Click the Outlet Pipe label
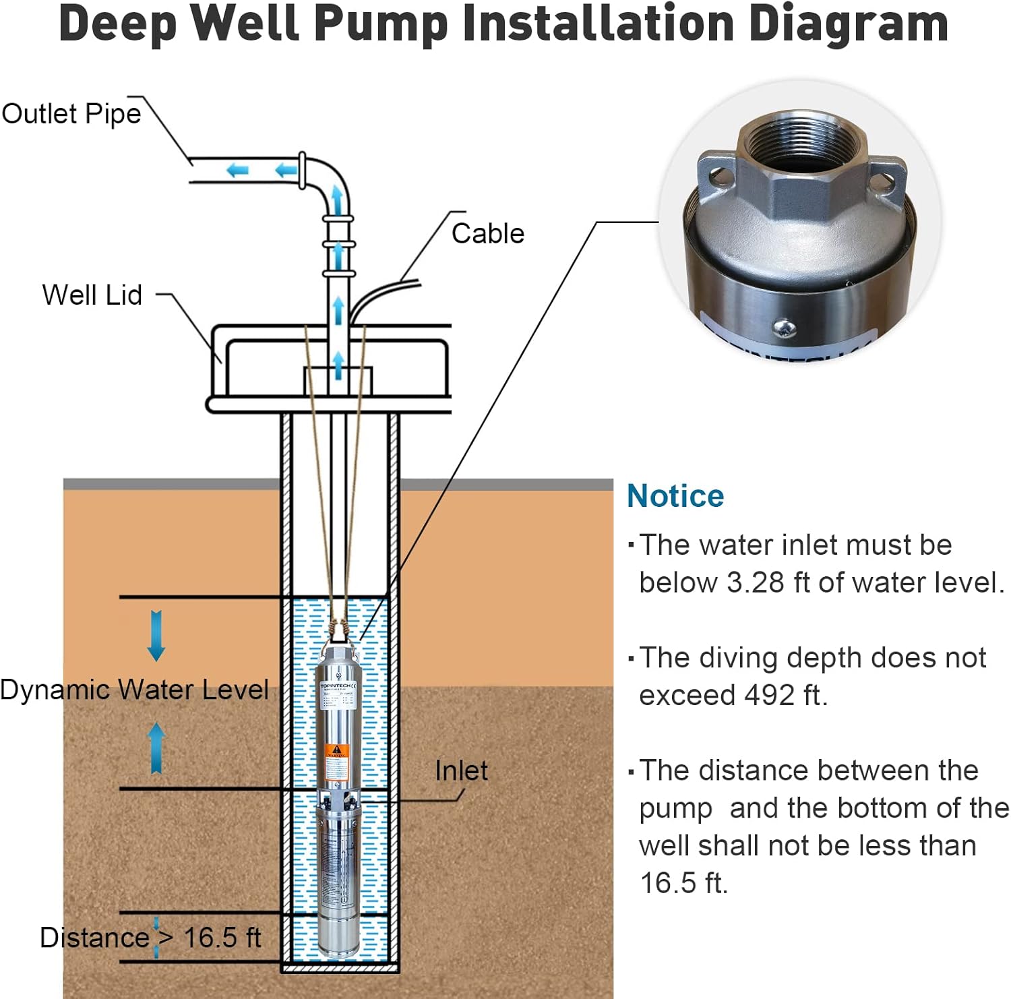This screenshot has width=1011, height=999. coord(71,114)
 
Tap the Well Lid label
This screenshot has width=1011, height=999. coord(92,295)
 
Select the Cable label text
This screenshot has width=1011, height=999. coord(487,234)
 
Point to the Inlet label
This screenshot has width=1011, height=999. coord(461,770)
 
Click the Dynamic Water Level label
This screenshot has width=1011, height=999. coord(134,690)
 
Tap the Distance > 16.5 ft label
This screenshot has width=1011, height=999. coord(150,938)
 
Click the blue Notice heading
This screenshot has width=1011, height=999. coord(675,496)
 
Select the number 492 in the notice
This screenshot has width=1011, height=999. coord(770,696)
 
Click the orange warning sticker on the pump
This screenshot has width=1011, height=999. coord(336,753)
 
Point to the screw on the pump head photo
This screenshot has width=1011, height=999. coord(785,328)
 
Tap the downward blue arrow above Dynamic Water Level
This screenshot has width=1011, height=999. coord(156,635)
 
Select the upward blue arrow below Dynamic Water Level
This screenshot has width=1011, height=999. coord(156,747)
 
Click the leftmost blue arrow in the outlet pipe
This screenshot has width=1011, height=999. coord(237,171)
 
